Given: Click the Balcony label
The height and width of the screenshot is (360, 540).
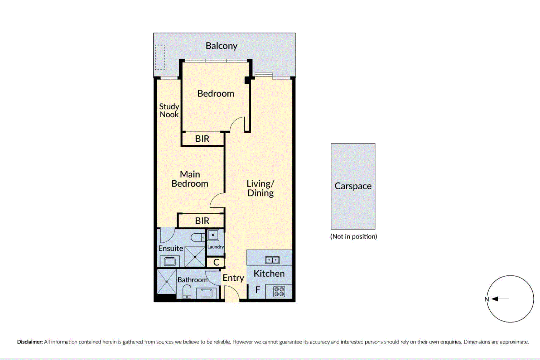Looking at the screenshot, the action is (x=221, y=46).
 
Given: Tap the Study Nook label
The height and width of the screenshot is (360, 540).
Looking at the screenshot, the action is (x=169, y=111).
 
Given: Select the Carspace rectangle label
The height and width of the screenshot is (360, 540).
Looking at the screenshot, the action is (x=353, y=186).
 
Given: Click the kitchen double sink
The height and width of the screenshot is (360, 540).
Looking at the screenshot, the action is (x=272, y=260).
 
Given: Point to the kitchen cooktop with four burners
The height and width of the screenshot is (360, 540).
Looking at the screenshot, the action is (x=279, y=292).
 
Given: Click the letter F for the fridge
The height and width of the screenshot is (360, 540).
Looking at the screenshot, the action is (x=258, y=290).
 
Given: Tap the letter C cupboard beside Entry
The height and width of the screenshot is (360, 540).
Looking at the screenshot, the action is (x=216, y=262).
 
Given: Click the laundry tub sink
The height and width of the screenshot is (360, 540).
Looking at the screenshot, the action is (x=213, y=235).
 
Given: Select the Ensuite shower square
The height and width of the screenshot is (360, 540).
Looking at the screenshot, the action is (x=195, y=257).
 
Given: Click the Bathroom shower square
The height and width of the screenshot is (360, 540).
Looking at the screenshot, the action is (x=167, y=282).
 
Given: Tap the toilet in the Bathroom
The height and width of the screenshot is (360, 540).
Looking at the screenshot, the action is (x=187, y=292).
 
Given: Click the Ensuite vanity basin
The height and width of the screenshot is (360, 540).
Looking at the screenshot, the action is (x=170, y=262).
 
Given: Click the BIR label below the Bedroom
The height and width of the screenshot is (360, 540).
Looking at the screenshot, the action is (x=202, y=139).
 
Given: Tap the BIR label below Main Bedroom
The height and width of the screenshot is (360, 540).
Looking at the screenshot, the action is (x=202, y=221).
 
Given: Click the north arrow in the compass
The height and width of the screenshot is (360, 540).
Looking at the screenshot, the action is (x=500, y=299).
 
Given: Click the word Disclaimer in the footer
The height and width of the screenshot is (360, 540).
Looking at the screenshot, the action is (x=30, y=342).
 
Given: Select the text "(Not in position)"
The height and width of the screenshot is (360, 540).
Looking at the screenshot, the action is (x=354, y=237).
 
